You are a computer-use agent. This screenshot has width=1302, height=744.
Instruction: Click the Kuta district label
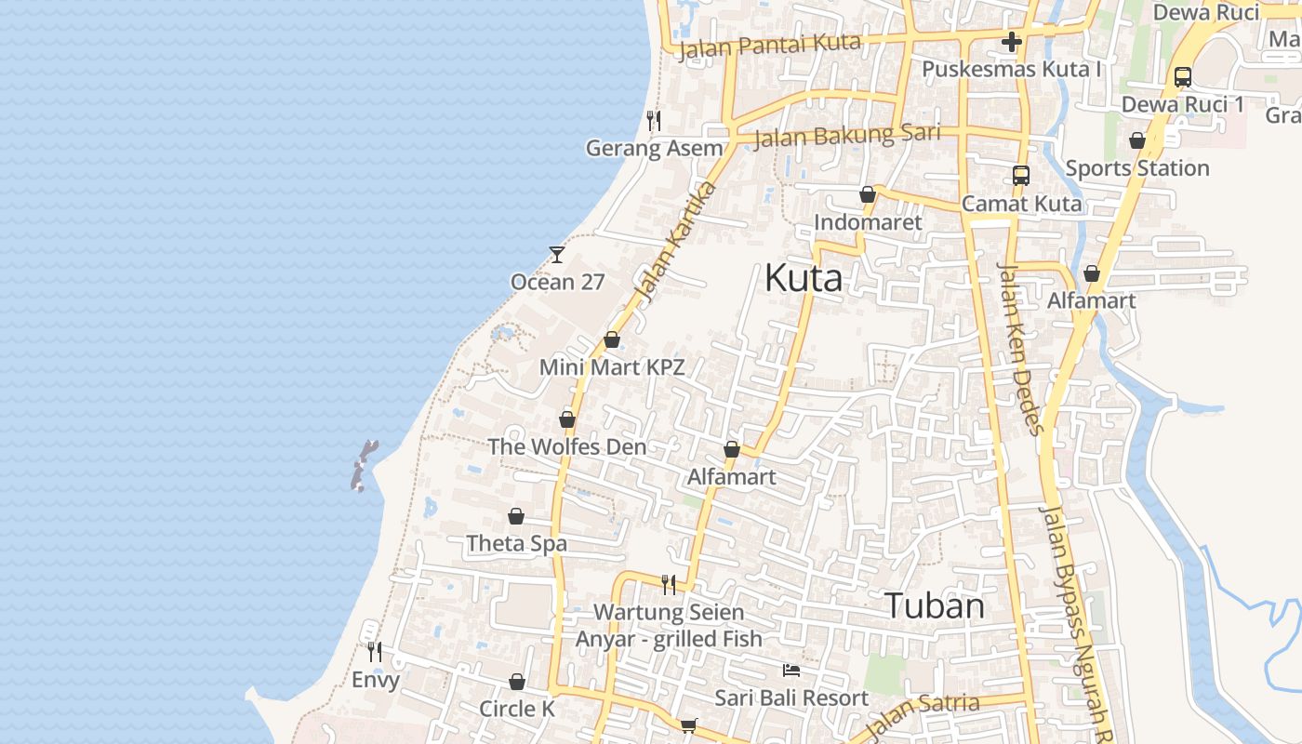pos(804,278)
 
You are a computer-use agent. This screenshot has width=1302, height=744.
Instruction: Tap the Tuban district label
pos(934,605)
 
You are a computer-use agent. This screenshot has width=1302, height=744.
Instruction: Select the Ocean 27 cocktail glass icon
pos(557,254)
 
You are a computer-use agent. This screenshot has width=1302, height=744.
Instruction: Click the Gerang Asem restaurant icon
pos(654,121)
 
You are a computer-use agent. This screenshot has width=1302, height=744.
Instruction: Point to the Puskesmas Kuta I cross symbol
pos(1012,42)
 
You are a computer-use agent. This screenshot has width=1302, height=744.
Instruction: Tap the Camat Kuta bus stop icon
pos(1021,175)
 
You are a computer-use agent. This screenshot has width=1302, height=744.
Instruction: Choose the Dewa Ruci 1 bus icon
pos(1183,77)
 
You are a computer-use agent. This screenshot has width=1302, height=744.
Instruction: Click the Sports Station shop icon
pos(1137,140)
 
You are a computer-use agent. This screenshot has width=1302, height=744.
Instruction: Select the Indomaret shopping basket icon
pos(868,194)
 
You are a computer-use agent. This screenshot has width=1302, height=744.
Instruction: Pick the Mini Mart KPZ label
pos(612,367)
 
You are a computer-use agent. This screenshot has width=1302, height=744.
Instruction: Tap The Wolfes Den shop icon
pos(567,419)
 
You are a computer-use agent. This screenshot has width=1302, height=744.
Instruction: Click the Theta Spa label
pos(516,543)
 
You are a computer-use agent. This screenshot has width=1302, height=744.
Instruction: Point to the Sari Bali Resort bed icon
pos(791,670)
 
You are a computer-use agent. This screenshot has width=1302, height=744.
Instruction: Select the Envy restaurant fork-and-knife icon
pos(375,651)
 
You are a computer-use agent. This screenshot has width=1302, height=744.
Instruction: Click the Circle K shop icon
pos(517,683)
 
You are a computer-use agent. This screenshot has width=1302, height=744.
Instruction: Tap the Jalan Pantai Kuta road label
pos(770,45)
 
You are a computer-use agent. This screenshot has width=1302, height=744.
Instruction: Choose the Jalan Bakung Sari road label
pos(846,135)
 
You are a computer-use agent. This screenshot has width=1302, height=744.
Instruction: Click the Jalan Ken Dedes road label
pos(1020,348)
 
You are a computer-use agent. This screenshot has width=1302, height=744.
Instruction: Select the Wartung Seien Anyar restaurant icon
pos(669,584)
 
